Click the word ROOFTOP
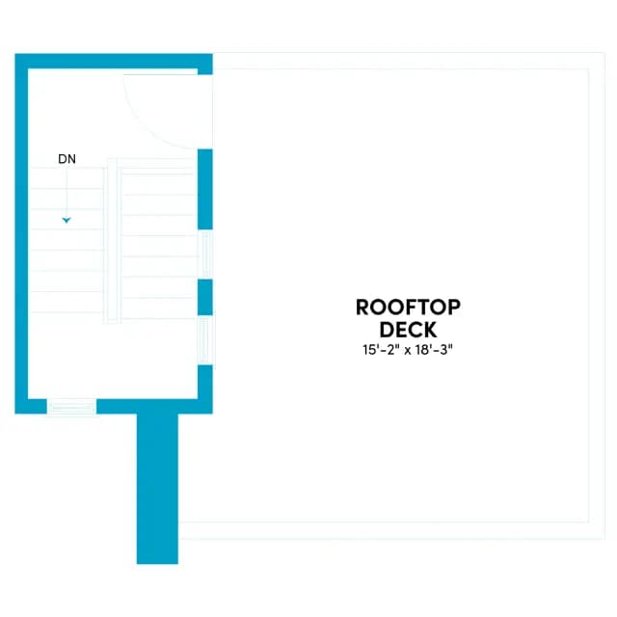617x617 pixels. (408, 308)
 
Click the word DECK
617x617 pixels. (408, 330)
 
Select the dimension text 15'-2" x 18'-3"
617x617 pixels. (408, 349)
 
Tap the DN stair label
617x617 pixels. (67, 159)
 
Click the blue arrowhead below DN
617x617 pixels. (67, 221)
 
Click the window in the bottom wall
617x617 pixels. (71, 407)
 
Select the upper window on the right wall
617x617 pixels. (205, 255)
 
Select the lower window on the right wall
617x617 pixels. (205, 340)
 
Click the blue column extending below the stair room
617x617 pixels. (157, 489)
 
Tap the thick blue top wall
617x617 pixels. (114, 61)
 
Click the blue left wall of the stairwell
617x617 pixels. (21, 233)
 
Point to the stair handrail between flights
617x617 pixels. (112, 241)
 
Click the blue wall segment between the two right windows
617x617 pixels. (205, 297)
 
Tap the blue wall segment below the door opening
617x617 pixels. (205, 189)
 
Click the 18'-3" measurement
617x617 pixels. (435, 349)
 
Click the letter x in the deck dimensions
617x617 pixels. (408, 351)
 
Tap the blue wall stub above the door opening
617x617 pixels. (205, 65)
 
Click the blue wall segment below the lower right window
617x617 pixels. (205, 389)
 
